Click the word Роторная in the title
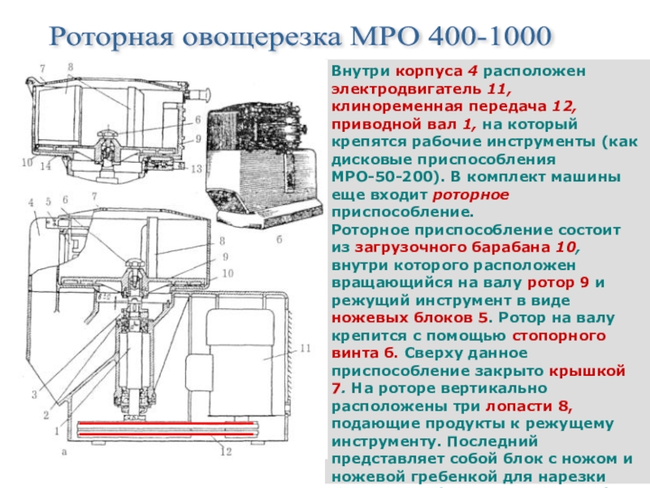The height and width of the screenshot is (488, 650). (x=112, y=37)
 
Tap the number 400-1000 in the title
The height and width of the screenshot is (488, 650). (x=489, y=36)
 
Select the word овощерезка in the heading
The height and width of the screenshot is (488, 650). (x=262, y=37)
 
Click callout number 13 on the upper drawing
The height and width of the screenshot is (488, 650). (x=196, y=168)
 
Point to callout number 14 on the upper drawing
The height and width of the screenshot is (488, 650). (x=45, y=166)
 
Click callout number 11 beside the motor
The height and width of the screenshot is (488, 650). (x=305, y=348)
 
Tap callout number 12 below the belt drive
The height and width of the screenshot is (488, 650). (x=226, y=451)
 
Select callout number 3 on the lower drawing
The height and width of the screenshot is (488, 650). (x=34, y=394)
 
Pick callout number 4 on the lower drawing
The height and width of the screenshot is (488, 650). (x=31, y=203)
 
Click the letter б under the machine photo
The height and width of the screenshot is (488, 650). (x=279, y=239)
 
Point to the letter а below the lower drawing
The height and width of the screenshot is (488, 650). (x=64, y=452)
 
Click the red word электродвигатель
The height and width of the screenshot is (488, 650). (x=407, y=89)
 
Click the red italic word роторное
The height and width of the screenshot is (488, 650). (x=470, y=195)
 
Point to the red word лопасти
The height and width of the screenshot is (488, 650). (x=518, y=406)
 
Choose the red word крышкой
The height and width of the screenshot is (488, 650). (x=587, y=371)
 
